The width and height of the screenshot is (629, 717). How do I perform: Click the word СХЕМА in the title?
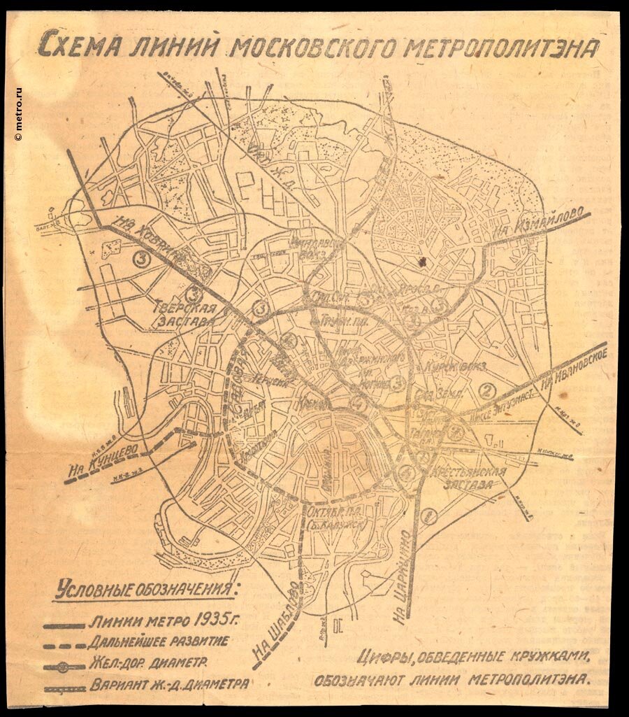coord(78,47)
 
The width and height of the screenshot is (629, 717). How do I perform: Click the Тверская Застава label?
coord(181,313)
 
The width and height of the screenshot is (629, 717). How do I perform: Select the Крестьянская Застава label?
coord(468,476)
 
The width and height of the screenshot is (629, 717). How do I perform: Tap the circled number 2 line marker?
coord(488,390)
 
